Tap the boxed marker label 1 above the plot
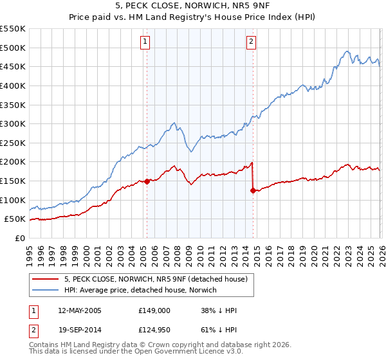tap(145, 42)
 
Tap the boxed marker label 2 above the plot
tap(251, 42)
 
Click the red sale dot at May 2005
tap(147, 181)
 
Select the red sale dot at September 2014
tap(253, 190)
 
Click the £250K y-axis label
tap(13, 143)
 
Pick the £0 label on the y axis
tap(20, 238)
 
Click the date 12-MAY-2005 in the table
tap(80, 310)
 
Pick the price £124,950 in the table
tap(154, 331)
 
